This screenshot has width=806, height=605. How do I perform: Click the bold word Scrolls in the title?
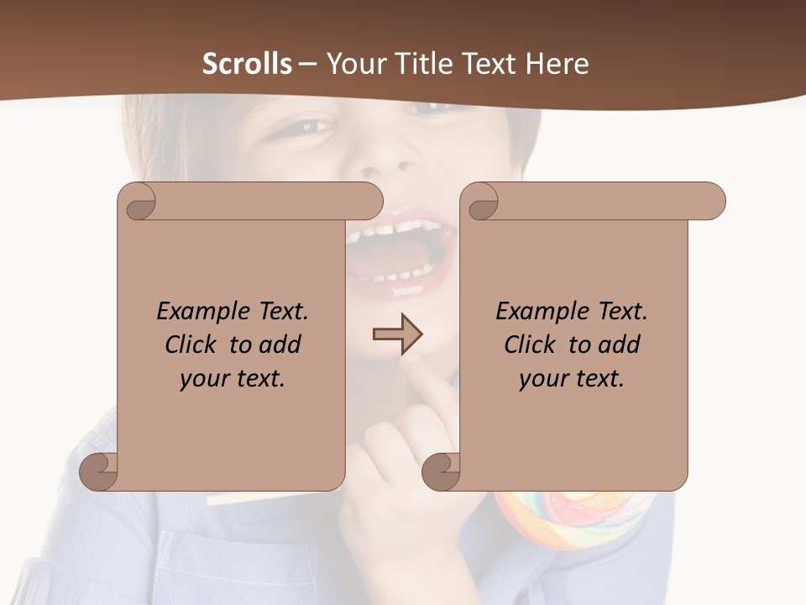point(247,63)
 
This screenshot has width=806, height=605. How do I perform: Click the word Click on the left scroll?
point(193,345)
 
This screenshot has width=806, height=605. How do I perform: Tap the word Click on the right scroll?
point(532,345)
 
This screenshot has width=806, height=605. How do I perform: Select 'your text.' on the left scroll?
point(233,378)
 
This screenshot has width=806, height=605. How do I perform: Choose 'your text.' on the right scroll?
point(572,378)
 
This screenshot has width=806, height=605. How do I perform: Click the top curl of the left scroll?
point(139,202)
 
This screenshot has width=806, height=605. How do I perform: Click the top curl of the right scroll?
point(482,202)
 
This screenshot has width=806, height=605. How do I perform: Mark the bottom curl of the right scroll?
point(441,471)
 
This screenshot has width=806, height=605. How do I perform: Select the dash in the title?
point(308,63)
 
